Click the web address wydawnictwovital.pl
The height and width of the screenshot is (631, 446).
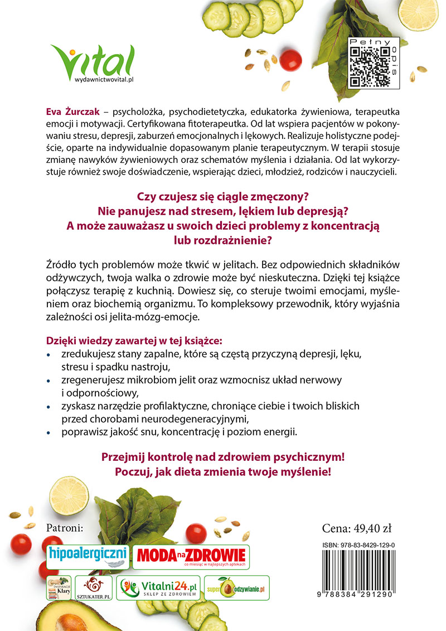pyautogui.click(x=104, y=80)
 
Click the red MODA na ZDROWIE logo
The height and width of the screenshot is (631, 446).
pyautogui.click(x=191, y=556)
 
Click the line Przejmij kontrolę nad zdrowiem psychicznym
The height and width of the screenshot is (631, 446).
pyautogui.click(x=222, y=456)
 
